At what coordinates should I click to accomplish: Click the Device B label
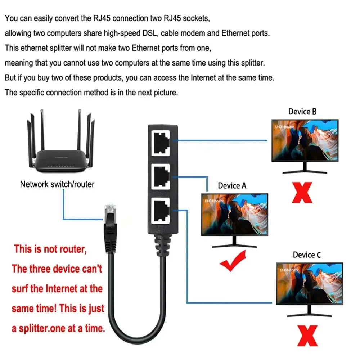pyautogui.click(x=302, y=112)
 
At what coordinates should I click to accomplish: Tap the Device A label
pyautogui.click(x=232, y=186)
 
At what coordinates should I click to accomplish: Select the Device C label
pyautogui.click(x=307, y=255)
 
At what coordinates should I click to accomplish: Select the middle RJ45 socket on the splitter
pyautogui.click(x=162, y=176)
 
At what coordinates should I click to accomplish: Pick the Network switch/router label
pyautogui.click(x=57, y=184)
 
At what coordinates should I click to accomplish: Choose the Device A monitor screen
pyautogui.click(x=234, y=214)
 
